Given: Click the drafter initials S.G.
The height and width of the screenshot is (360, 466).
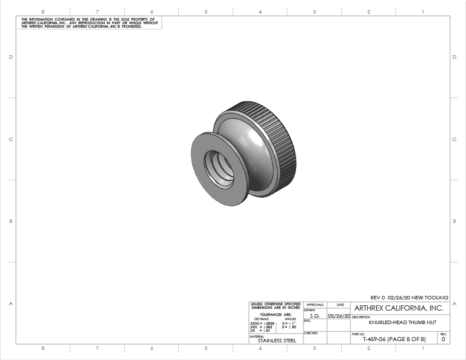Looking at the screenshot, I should (x=315, y=316).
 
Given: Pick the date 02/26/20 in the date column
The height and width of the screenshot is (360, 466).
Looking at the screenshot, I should (x=339, y=316).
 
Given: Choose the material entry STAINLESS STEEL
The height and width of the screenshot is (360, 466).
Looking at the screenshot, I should (x=273, y=340).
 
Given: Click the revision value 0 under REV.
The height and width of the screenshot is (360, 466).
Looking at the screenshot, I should (x=443, y=339).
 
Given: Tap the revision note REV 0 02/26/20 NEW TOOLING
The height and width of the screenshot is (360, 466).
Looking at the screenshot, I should (x=409, y=298).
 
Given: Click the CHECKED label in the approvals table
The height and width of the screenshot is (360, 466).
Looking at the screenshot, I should (x=311, y=333).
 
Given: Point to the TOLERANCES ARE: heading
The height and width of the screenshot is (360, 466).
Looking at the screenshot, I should (x=275, y=315).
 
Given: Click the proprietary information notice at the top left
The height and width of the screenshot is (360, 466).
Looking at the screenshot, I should (x=88, y=23).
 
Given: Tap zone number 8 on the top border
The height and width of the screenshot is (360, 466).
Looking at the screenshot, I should (x=43, y=11).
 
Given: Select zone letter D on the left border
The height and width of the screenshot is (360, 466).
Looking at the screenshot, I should (x=11, y=57).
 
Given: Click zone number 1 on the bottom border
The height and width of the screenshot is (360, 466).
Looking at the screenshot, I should (x=422, y=348).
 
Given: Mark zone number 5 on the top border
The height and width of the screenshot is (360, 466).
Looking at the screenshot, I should (x=206, y=11).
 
